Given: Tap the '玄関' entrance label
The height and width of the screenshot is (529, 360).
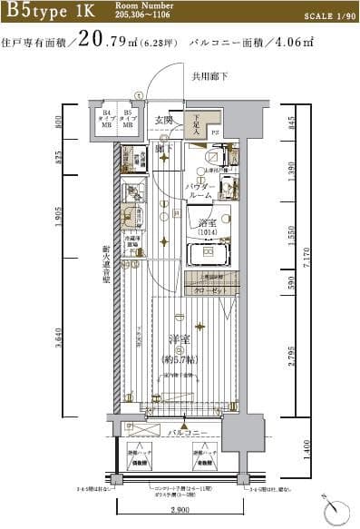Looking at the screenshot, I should pyautogui.click(x=164, y=120).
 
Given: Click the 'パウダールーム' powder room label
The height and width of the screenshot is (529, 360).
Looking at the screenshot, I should pyautogui.click(x=200, y=191).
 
